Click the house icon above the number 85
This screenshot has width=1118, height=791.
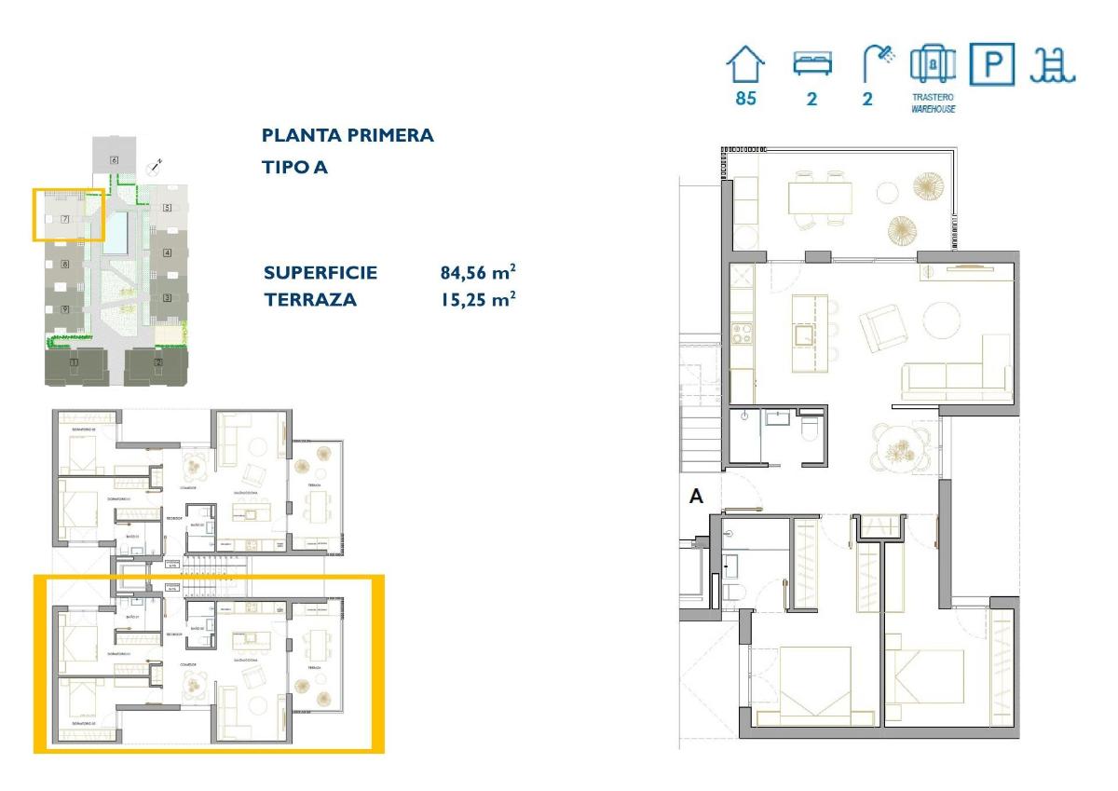[745, 66]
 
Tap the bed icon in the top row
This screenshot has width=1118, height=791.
[811, 64]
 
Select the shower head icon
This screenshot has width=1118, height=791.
[877, 64]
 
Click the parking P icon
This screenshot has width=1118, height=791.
[992, 64]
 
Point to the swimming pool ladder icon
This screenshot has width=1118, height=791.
[1053, 64]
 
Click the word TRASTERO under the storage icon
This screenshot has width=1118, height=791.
[933, 97]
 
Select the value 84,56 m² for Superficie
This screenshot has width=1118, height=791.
[478, 273]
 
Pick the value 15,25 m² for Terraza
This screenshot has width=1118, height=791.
[478, 300]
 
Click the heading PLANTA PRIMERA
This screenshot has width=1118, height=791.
[348, 135]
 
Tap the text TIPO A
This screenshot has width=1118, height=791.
[294, 168]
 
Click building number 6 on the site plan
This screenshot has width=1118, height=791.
[114, 160]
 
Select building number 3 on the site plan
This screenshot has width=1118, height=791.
[167, 298]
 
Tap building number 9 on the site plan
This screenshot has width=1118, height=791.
[65, 309]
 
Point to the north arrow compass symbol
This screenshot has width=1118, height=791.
[155, 169]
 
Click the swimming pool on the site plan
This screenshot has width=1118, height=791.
[116, 233]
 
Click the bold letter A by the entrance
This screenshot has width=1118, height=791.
[696, 498]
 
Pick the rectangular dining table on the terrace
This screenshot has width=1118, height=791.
[820, 198]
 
